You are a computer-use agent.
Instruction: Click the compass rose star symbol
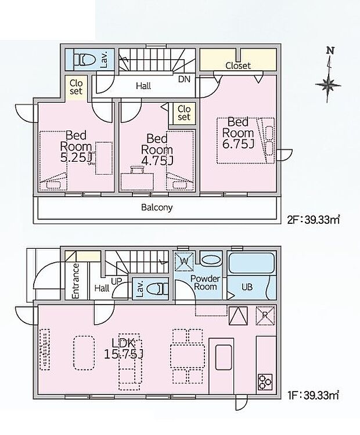tap(328, 84)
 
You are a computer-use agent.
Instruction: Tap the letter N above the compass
tap(330, 51)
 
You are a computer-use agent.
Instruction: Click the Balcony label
tap(157, 208)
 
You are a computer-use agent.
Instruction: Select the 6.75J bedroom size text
tap(238, 144)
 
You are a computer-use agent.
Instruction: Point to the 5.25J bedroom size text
tap(76, 158)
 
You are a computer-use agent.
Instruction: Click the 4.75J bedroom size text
tap(157, 161)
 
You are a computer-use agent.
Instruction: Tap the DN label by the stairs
tap(184, 79)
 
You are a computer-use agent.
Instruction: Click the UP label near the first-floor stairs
tap(117, 281)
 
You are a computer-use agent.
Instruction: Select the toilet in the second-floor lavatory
tap(84, 59)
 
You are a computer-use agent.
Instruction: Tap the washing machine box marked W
tap(183, 262)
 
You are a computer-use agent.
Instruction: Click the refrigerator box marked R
tap(265, 316)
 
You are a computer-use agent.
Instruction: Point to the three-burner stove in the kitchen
tap(265, 382)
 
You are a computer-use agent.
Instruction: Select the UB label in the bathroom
tap(247, 287)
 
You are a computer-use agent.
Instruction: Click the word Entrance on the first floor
tap(75, 281)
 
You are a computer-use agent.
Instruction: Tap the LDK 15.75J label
tap(124, 349)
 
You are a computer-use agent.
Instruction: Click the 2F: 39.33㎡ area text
tap(314, 220)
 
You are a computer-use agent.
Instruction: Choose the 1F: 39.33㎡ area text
tap(313, 395)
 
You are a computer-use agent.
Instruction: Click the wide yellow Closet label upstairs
tap(238, 66)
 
